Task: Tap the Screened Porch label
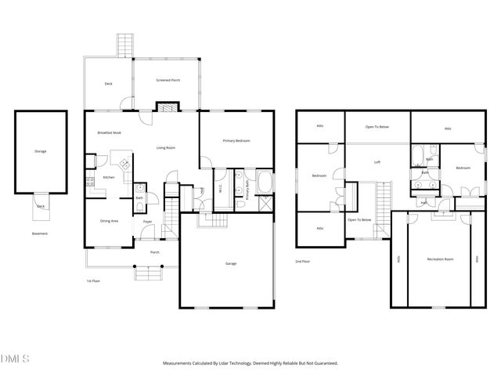[168, 81]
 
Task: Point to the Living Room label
[165, 147]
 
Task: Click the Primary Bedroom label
[236, 140]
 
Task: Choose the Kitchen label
[110, 178]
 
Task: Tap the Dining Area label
[109, 221]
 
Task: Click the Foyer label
[146, 222]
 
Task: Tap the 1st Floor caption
[93, 280]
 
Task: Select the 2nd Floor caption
[302, 261]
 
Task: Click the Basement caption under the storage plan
[40, 233]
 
